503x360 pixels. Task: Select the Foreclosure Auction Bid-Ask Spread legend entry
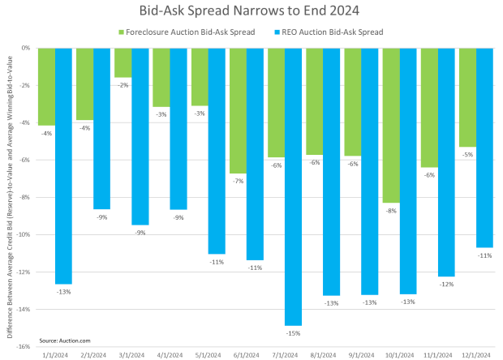point(187,32)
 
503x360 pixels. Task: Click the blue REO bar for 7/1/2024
point(294,186)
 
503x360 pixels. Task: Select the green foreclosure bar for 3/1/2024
point(123,62)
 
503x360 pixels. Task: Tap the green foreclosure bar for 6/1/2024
point(237,110)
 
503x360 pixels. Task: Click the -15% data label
point(293,332)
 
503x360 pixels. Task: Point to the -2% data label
point(122,84)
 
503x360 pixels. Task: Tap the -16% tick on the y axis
point(25,346)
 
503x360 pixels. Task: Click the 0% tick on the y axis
point(28,48)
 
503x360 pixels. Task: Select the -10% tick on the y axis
point(25,234)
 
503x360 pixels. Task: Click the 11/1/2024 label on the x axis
point(437,354)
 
